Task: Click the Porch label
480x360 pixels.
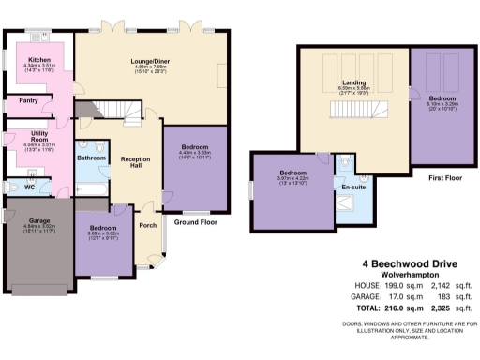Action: (x=147, y=225)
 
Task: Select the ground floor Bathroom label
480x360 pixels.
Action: (x=92, y=158)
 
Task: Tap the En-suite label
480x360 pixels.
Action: (x=352, y=187)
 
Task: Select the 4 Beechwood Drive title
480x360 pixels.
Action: (x=404, y=263)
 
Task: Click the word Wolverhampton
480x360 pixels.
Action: (x=404, y=276)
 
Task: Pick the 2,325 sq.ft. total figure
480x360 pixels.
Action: (x=447, y=307)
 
